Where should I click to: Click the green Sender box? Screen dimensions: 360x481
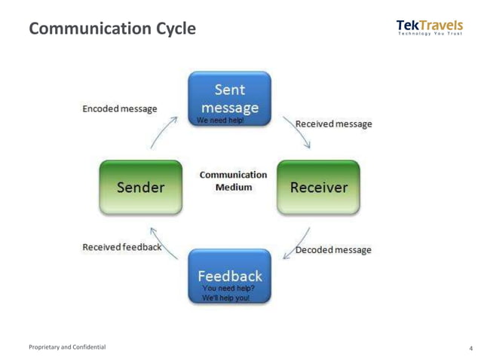140,187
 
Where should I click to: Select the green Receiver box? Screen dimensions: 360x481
317,187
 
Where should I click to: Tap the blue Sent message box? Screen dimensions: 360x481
229,98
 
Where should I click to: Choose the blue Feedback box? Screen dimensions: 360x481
229,276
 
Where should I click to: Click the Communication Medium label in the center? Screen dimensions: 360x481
233,181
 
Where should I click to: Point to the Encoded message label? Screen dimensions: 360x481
120,108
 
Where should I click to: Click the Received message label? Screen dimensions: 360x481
333,124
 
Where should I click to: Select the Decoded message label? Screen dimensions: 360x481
333,249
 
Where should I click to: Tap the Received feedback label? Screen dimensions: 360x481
121,247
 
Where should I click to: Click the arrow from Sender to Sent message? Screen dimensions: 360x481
164,133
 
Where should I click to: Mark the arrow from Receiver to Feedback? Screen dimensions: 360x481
296,243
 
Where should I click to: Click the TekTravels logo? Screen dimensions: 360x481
429,26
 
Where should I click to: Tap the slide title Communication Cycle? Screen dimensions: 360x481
112,29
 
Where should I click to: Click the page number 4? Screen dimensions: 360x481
470,348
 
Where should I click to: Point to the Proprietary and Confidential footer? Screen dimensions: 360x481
67,347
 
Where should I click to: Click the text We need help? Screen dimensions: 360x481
220,121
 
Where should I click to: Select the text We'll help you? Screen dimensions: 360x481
225,298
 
